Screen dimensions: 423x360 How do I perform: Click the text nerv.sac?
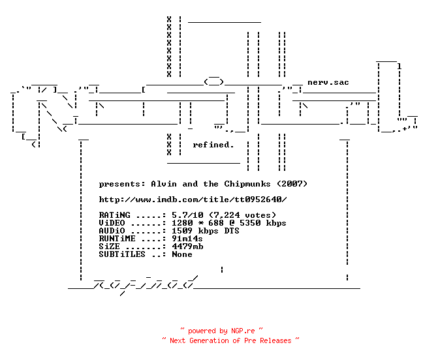pyautogui.click(x=328, y=82)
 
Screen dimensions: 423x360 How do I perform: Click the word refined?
pyautogui.click(x=213, y=145)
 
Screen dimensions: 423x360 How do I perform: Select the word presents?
pyautogui.click(x=122, y=185)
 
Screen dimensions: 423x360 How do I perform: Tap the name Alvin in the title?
pyautogui.click(x=164, y=184)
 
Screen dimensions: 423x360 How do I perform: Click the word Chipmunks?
pyautogui.click(x=247, y=184)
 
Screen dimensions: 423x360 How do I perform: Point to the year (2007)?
pyautogui.click(x=292, y=184)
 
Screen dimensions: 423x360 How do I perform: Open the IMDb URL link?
pyautogui.click(x=193, y=200)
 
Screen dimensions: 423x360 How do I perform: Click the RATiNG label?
pyautogui.click(x=115, y=215)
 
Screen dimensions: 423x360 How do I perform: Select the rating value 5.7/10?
pyautogui.click(x=187, y=215)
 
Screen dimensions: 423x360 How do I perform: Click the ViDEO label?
pyautogui.click(x=112, y=223)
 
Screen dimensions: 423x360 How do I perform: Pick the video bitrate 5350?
pyautogui.click(x=250, y=223)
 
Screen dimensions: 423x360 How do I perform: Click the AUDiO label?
pyautogui.click(x=112, y=231)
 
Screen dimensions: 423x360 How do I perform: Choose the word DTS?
pyautogui.click(x=232, y=231)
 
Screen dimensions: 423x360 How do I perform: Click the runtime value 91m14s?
pyautogui.click(x=187, y=239)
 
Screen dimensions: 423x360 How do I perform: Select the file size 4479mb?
pyautogui.click(x=187, y=247)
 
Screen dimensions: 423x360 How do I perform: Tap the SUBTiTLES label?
pyautogui.click(x=122, y=254)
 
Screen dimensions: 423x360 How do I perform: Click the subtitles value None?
pyautogui.click(x=182, y=254)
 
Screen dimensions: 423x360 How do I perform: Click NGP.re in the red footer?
pyautogui.click(x=243, y=331)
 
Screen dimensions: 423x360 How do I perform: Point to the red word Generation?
pyautogui.click(x=209, y=340)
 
